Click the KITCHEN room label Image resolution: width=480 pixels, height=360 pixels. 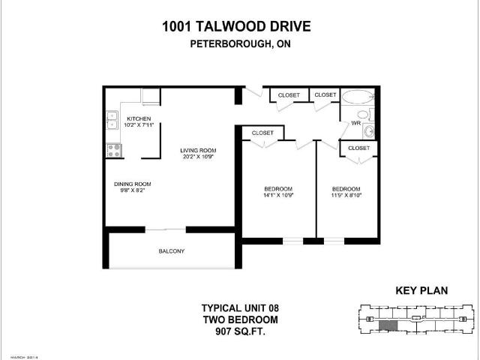pos(139,119)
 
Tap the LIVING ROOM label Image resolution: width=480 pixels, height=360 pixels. pos(198,151)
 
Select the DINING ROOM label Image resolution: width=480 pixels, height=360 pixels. pos(133,184)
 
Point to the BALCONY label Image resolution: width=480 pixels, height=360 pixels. pos(171,250)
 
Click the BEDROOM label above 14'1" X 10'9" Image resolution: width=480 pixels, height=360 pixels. pos(278,188)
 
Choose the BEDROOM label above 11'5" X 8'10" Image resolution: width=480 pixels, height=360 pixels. pos(346,188)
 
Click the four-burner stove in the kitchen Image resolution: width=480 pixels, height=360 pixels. pos(115,149)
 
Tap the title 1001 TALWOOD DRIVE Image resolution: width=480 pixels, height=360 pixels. pos(236,27)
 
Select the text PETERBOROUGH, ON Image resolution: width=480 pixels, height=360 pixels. pos(238,43)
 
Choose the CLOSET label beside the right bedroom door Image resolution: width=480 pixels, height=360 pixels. pos(358,148)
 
